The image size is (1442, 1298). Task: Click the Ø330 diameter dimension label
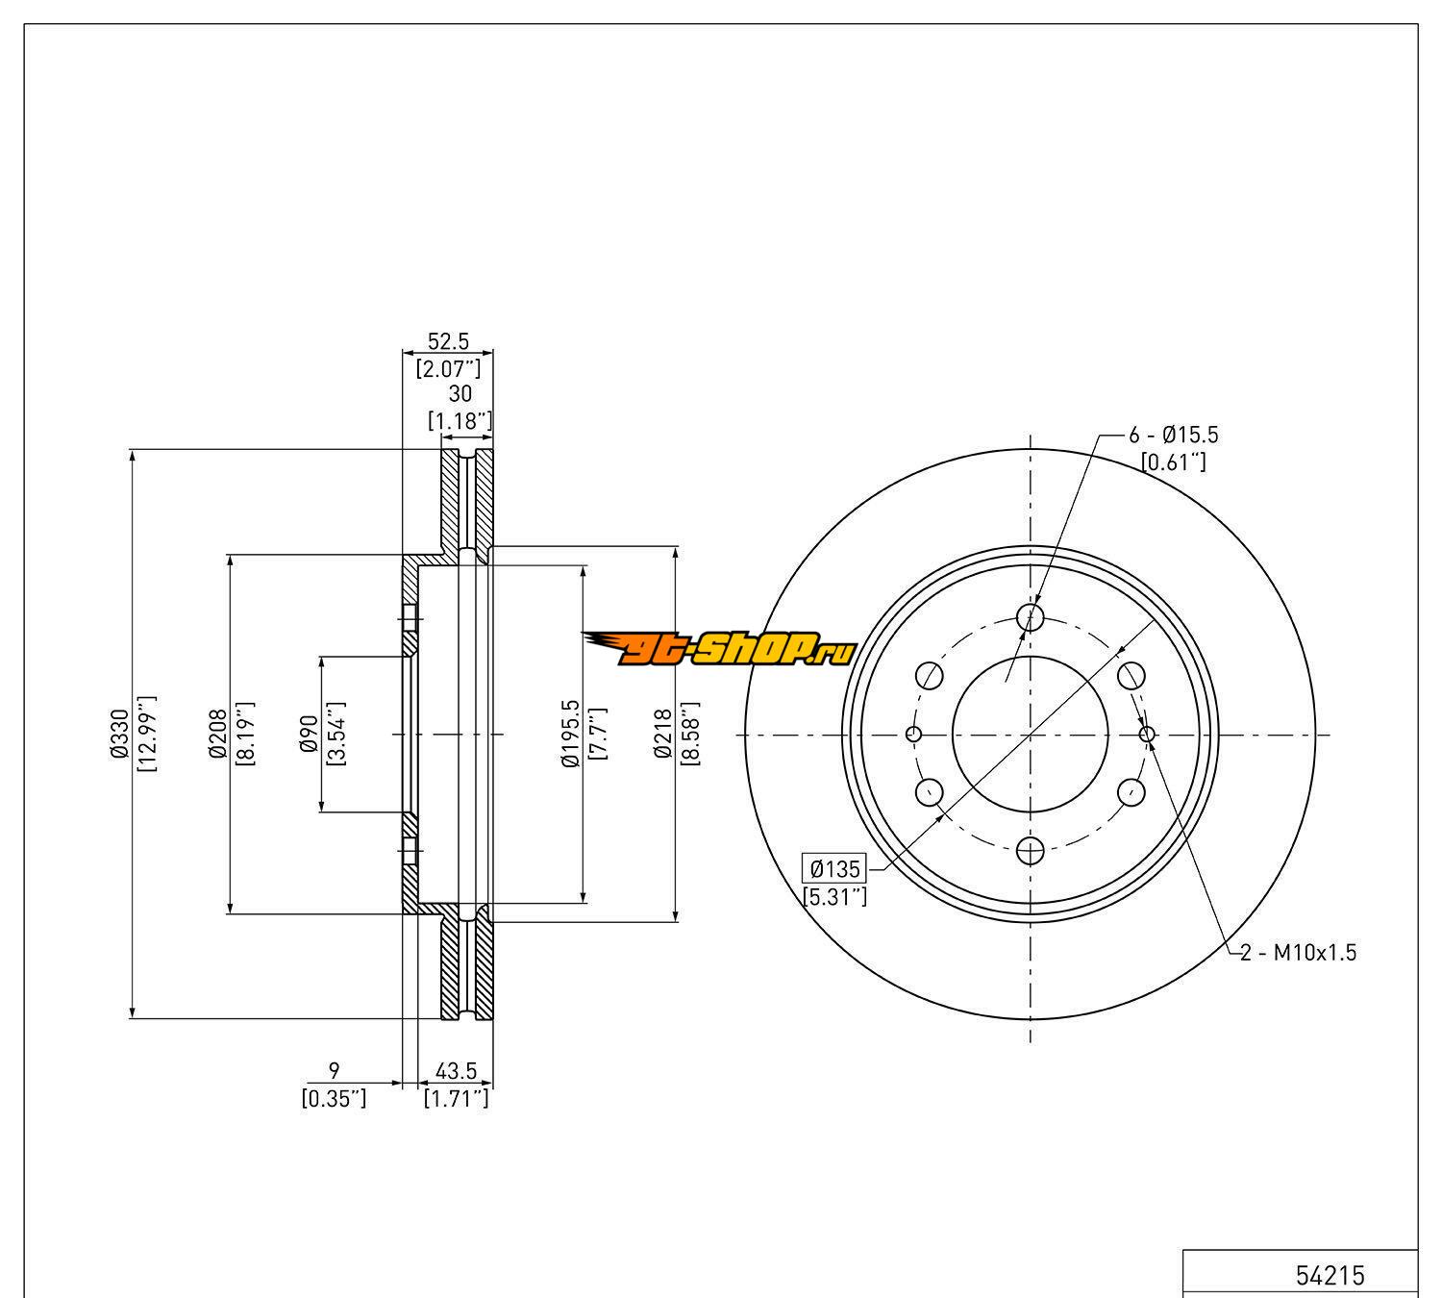click(119, 734)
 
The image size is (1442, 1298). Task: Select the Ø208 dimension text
click(217, 734)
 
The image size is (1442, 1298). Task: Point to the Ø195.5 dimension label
click(570, 734)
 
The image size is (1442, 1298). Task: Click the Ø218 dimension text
click(663, 734)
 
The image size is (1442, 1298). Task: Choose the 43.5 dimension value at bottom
click(457, 1070)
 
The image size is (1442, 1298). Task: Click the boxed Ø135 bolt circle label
click(834, 870)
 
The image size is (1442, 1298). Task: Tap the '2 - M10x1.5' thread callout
click(1298, 953)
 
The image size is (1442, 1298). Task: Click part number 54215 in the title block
click(1330, 1275)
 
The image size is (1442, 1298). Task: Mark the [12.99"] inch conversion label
click(146, 734)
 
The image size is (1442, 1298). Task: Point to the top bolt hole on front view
click(1031, 616)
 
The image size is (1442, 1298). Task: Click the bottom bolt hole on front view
click(1031, 850)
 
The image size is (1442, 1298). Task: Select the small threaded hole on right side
click(1147, 735)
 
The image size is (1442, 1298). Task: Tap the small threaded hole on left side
click(913, 735)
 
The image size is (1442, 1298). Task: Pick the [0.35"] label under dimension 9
click(334, 1098)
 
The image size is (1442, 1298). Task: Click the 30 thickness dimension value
click(460, 394)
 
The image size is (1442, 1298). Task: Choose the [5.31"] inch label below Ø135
click(834, 897)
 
